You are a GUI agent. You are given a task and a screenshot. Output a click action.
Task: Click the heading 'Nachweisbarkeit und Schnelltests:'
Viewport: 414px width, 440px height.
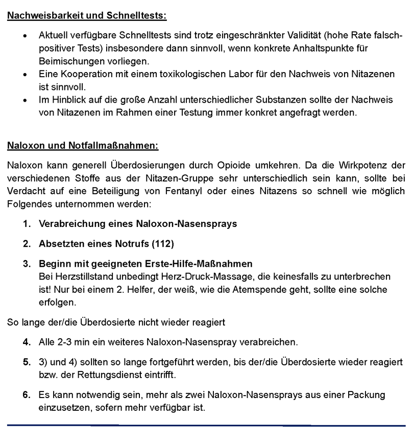pyautogui.click(x=87, y=15)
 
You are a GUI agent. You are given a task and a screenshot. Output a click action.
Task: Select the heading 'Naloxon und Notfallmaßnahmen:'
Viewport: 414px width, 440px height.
pyautogui.click(x=83, y=146)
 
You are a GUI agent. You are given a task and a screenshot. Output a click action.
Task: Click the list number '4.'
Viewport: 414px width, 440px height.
pyautogui.click(x=27, y=341)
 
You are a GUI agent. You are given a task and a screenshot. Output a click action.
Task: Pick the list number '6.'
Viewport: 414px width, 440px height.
pyautogui.click(x=27, y=395)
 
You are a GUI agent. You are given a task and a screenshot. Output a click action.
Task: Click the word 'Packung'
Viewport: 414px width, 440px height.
pyautogui.click(x=367, y=395)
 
